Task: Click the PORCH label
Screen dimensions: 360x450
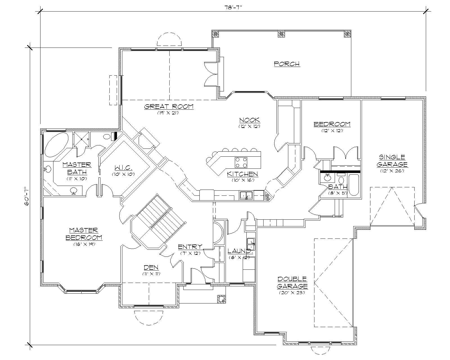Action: coord(287,64)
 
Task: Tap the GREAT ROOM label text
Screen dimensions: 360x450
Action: coord(169,107)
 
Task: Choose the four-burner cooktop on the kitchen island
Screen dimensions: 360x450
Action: coord(241,162)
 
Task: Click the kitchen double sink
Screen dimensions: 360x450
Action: coord(246,195)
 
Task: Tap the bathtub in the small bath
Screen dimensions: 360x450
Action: coord(353,185)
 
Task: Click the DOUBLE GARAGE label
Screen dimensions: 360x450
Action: coord(292,282)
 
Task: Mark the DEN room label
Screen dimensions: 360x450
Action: coord(151,267)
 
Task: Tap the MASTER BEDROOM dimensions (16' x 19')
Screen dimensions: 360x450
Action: coord(84,244)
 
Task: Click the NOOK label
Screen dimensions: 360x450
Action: coord(249,120)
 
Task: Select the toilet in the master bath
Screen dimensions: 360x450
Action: coord(107,137)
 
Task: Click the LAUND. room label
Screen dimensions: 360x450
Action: coord(239,251)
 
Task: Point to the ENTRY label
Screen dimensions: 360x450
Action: coord(190,247)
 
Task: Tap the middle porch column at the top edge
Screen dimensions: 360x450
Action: coord(281,34)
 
